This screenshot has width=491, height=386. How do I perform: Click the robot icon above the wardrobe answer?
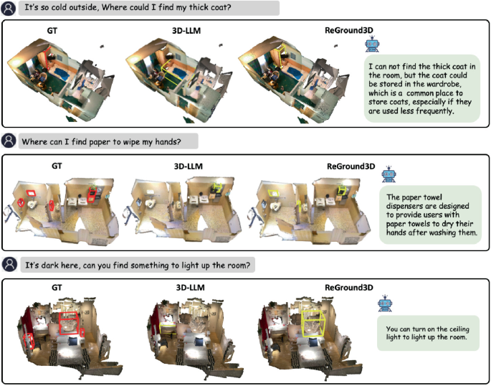pyautogui.click(x=372, y=45)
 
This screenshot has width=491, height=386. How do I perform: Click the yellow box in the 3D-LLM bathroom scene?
pyautogui.click(x=215, y=188)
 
